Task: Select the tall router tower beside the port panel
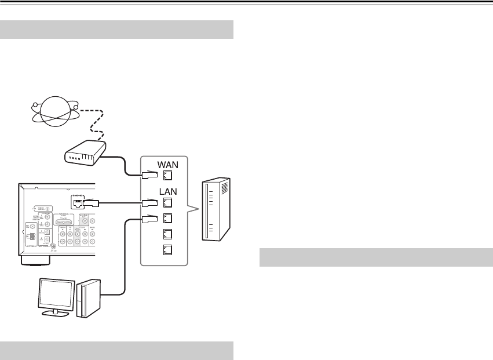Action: pos(215,211)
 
